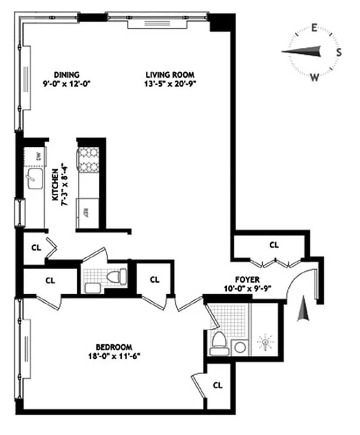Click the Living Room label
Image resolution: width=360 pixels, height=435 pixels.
pos(170,74)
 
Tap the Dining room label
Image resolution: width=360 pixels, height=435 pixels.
pos(67,74)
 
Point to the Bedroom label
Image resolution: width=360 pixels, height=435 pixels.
pos(114,347)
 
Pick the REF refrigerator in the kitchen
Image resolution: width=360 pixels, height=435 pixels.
pos(86,212)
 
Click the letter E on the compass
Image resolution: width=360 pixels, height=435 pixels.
pos(314,28)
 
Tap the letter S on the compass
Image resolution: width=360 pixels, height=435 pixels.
pos(339,53)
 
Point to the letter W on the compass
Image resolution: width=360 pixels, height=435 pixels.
pos(314,77)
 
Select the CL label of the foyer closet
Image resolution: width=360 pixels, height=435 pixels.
pos(274,245)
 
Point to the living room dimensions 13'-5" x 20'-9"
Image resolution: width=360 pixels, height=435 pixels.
pos(170,84)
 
